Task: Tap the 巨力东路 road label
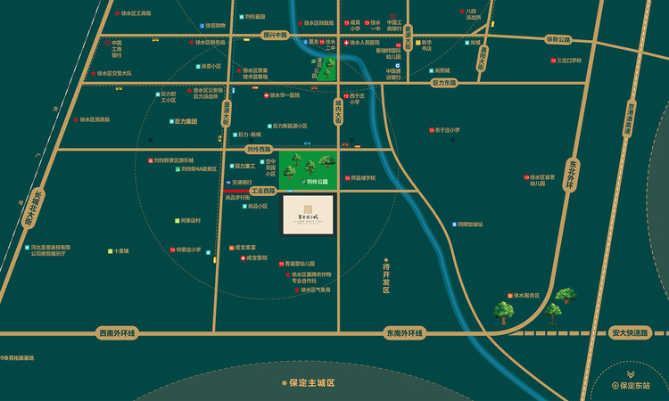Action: tap(443, 83)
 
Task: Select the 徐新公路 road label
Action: tap(557, 39)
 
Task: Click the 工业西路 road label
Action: tap(264, 191)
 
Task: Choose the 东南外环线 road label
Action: tap(404, 333)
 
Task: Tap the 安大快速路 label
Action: tap(628, 333)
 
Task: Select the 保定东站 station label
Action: tap(635, 386)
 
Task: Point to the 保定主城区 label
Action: tap(311, 382)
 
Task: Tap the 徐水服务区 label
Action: tap(526, 295)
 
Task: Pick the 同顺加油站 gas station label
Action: tap(469, 225)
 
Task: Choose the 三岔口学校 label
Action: tap(568, 61)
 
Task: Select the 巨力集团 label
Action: tap(186, 121)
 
